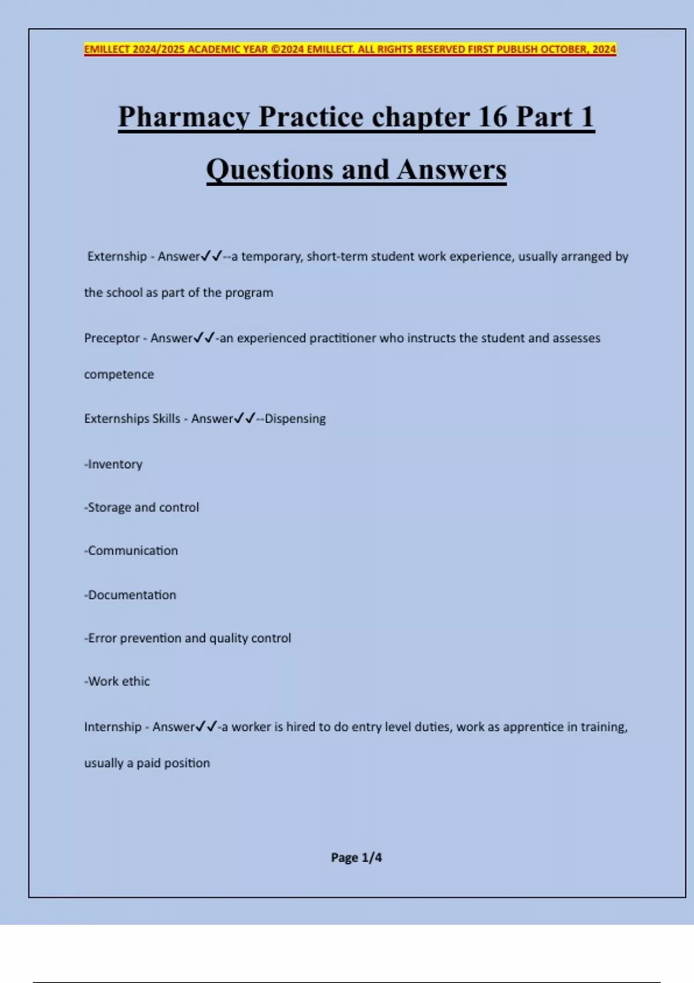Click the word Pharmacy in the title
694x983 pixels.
pyautogui.click(x=184, y=117)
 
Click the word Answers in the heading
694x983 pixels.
pyautogui.click(x=451, y=170)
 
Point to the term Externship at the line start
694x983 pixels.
pyautogui.click(x=117, y=256)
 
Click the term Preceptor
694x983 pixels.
pyautogui.click(x=112, y=338)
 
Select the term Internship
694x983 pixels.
pyautogui.click(x=113, y=727)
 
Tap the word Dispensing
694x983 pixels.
pyautogui.click(x=295, y=419)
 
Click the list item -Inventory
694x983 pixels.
pyautogui.click(x=113, y=464)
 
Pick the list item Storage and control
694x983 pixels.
pyautogui.click(x=142, y=508)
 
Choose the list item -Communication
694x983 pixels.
pyautogui.click(x=131, y=551)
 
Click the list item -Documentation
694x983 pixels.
pyautogui.click(x=130, y=595)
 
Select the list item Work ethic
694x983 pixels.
pyautogui.click(x=117, y=682)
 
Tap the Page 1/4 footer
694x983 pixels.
pyautogui.click(x=356, y=858)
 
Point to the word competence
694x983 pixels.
pyautogui.click(x=119, y=375)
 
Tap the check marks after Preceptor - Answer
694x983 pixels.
pyautogui.click(x=205, y=338)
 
